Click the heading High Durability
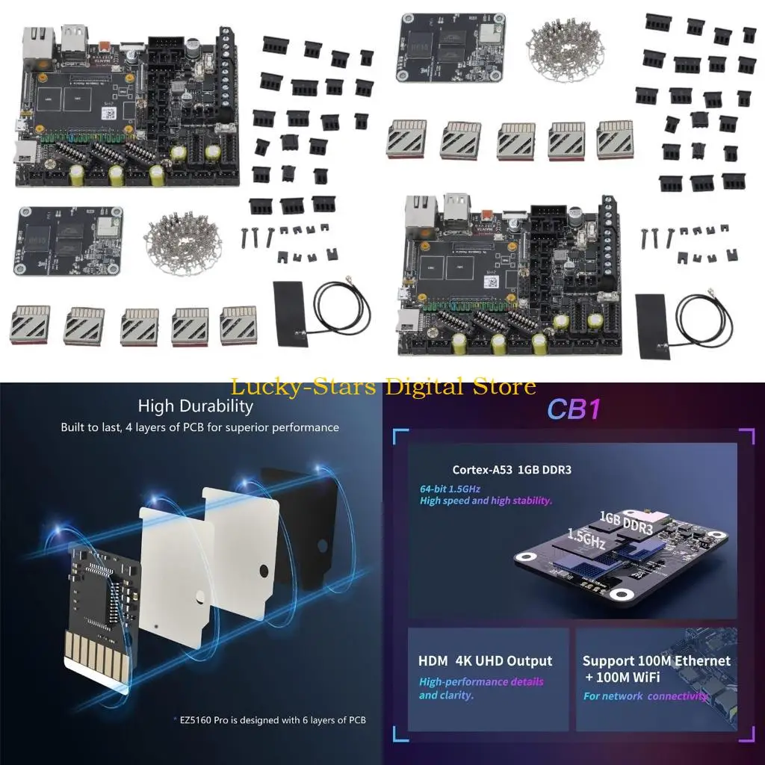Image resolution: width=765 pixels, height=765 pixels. coord(195,406)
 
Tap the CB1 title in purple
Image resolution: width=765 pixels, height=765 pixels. coord(574,409)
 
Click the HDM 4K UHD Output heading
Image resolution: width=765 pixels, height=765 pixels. coord(486,661)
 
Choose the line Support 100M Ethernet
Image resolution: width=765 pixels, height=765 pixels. coord(657,661)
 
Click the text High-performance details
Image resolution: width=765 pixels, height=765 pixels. coord(481,681)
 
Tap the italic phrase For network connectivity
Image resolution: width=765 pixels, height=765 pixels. coord(646,696)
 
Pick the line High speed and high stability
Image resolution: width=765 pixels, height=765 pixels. coord(486,501)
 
